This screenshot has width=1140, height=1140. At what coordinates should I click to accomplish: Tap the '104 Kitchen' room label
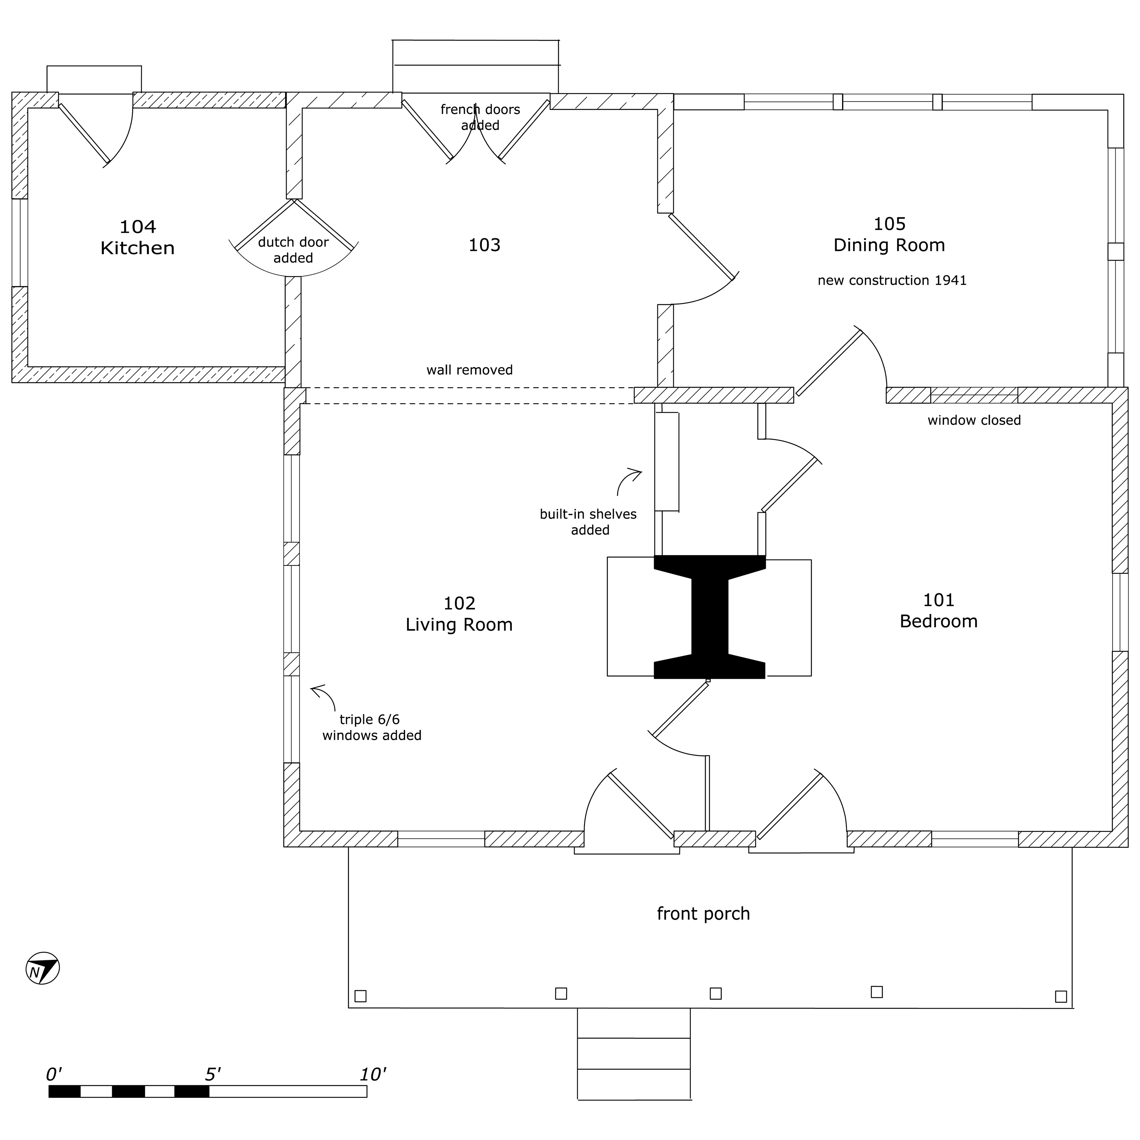pyautogui.click(x=138, y=237)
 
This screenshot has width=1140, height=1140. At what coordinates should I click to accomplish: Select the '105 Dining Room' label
pyautogui.click(x=889, y=234)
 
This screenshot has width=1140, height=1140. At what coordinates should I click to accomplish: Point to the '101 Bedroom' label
pyautogui.click(x=938, y=610)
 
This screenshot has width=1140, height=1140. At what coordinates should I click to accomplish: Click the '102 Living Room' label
pyautogui.click(x=459, y=614)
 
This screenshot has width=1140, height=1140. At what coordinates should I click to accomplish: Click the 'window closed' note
pyautogui.click(x=974, y=420)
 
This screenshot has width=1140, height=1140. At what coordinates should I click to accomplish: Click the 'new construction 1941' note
pyautogui.click(x=891, y=280)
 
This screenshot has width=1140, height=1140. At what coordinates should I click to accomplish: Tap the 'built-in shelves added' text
pyautogui.click(x=588, y=522)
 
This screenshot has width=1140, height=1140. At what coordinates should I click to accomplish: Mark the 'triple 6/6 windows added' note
pyautogui.click(x=371, y=727)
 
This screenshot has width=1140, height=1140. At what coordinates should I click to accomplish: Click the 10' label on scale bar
pyautogui.click(x=372, y=1075)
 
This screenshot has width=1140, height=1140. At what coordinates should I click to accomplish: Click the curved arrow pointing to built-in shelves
pyautogui.click(x=628, y=481)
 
